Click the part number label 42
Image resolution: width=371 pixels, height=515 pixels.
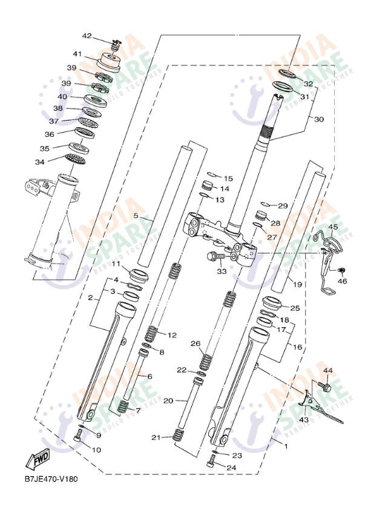(87, 36)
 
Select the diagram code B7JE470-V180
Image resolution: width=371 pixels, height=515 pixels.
(51, 479)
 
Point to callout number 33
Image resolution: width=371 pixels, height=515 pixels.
(222, 272)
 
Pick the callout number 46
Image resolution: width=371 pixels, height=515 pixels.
(343, 281)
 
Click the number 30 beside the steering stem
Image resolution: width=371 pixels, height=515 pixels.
(318, 119)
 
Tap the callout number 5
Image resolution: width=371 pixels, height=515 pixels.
(136, 216)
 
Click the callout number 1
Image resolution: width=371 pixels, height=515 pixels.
(286, 446)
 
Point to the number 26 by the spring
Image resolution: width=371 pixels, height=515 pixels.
(195, 344)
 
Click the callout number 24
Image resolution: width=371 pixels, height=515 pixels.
(231, 467)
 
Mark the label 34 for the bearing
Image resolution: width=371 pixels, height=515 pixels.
(40, 162)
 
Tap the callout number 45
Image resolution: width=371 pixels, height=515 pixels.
(333, 227)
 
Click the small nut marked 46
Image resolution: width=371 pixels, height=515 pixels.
(341, 270)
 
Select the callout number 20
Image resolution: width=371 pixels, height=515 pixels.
(168, 400)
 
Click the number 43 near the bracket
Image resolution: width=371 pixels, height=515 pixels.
(304, 419)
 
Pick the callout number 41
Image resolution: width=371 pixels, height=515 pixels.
(77, 53)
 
